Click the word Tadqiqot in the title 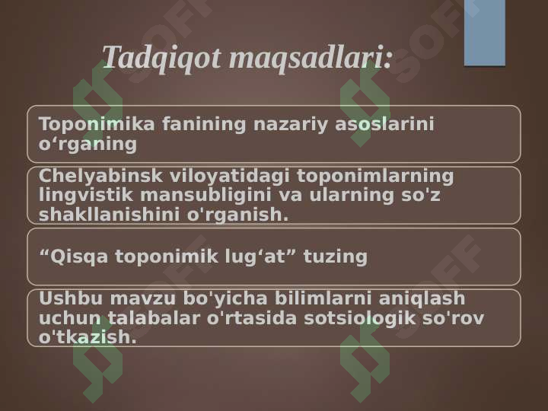tap(161, 59)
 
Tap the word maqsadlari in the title tap(310, 59)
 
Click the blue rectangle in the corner tap(485, 33)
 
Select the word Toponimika tap(97, 124)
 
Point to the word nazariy tap(291, 125)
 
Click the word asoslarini tap(384, 124)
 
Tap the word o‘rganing tap(88, 145)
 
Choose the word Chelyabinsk tap(100, 176)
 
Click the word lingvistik tap(85, 195)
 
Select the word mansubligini tap(205, 195)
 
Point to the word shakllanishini tap(109, 215)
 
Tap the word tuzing tap(336, 257)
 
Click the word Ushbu tap(71, 298)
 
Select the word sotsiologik tap(359, 318)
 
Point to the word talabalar tap(154, 318)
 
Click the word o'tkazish tap(88, 337)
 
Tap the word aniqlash tap(422, 299)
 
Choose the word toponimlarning tap(375, 176)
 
